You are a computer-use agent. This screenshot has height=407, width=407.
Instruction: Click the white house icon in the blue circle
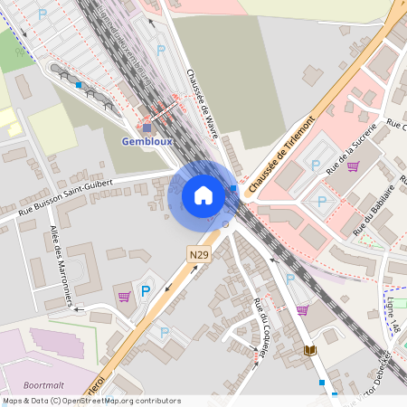[x=203, y=195]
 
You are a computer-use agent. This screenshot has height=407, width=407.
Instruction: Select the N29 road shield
[x=199, y=257]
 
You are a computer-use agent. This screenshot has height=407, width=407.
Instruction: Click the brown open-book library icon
[x=310, y=350]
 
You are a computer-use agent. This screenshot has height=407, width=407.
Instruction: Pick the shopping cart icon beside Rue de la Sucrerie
[x=353, y=166]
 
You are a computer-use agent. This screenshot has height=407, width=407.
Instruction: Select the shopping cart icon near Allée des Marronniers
[x=124, y=296]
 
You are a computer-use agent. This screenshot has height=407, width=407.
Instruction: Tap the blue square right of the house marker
[x=233, y=188]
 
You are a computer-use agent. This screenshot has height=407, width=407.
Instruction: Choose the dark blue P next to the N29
[x=145, y=291]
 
